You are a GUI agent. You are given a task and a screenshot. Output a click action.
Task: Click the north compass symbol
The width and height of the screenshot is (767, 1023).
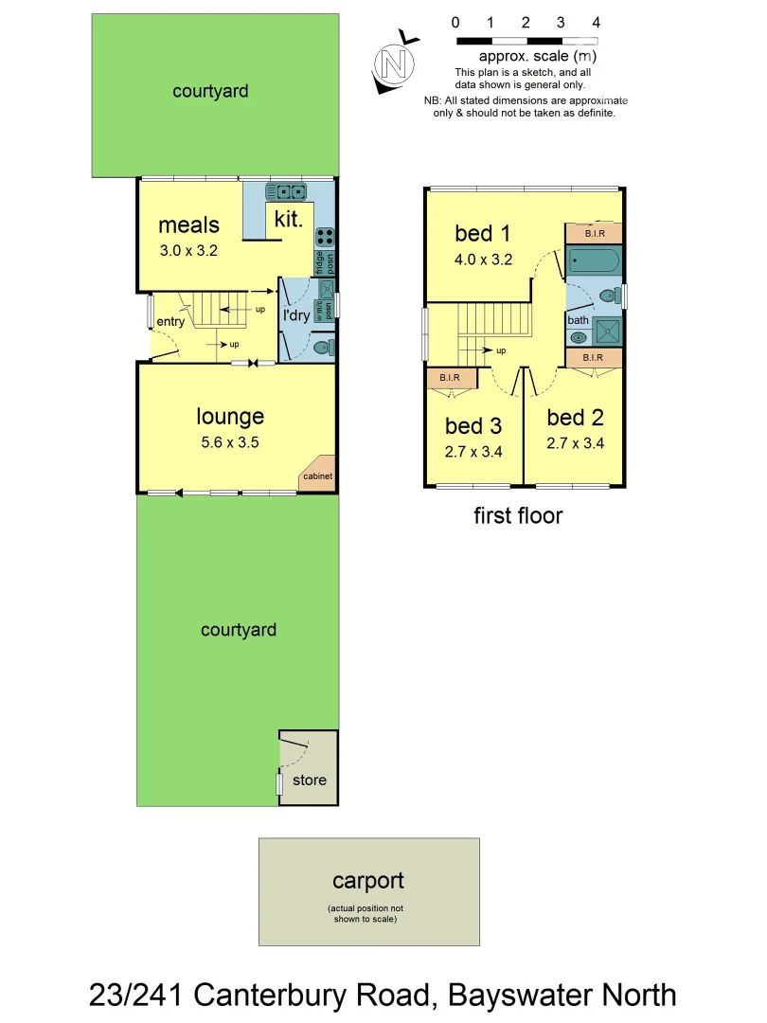[x=395, y=64]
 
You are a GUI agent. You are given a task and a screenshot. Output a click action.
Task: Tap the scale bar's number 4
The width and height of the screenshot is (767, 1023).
[x=596, y=22]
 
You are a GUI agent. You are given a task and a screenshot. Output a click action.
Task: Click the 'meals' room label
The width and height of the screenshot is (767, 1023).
[x=188, y=225]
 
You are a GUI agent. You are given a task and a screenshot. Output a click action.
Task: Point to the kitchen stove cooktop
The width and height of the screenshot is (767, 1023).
[x=324, y=237]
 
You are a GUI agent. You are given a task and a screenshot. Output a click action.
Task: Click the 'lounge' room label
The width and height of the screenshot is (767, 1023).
[x=230, y=416]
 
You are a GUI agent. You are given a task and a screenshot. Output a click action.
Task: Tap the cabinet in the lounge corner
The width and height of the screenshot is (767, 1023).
[x=317, y=477]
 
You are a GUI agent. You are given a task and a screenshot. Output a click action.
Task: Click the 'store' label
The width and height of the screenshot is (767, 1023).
[x=309, y=780]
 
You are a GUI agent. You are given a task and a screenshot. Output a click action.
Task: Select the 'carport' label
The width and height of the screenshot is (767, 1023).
[x=368, y=881]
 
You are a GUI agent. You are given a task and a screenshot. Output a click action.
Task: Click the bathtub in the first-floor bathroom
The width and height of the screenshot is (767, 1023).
[x=593, y=261]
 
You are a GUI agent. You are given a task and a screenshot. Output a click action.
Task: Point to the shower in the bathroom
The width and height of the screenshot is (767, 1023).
[x=606, y=329]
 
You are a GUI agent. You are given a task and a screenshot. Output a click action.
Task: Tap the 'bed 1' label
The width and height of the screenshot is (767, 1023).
[x=483, y=233]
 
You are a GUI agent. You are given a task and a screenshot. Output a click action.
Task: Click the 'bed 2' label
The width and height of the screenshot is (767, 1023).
[x=575, y=418]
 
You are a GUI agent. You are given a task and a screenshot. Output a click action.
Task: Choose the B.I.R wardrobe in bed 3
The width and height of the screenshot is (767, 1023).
[x=450, y=378]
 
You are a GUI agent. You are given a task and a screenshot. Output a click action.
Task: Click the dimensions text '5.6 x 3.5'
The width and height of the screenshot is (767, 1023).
[x=230, y=440]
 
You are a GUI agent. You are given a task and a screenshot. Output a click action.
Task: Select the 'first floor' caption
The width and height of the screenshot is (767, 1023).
[x=518, y=516]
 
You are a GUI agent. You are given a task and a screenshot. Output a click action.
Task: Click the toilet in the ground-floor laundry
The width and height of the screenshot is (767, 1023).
[x=322, y=348]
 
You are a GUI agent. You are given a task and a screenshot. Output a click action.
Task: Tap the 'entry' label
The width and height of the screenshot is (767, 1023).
[x=170, y=322]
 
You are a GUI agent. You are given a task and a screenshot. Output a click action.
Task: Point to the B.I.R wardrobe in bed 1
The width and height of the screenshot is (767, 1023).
[x=594, y=233]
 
